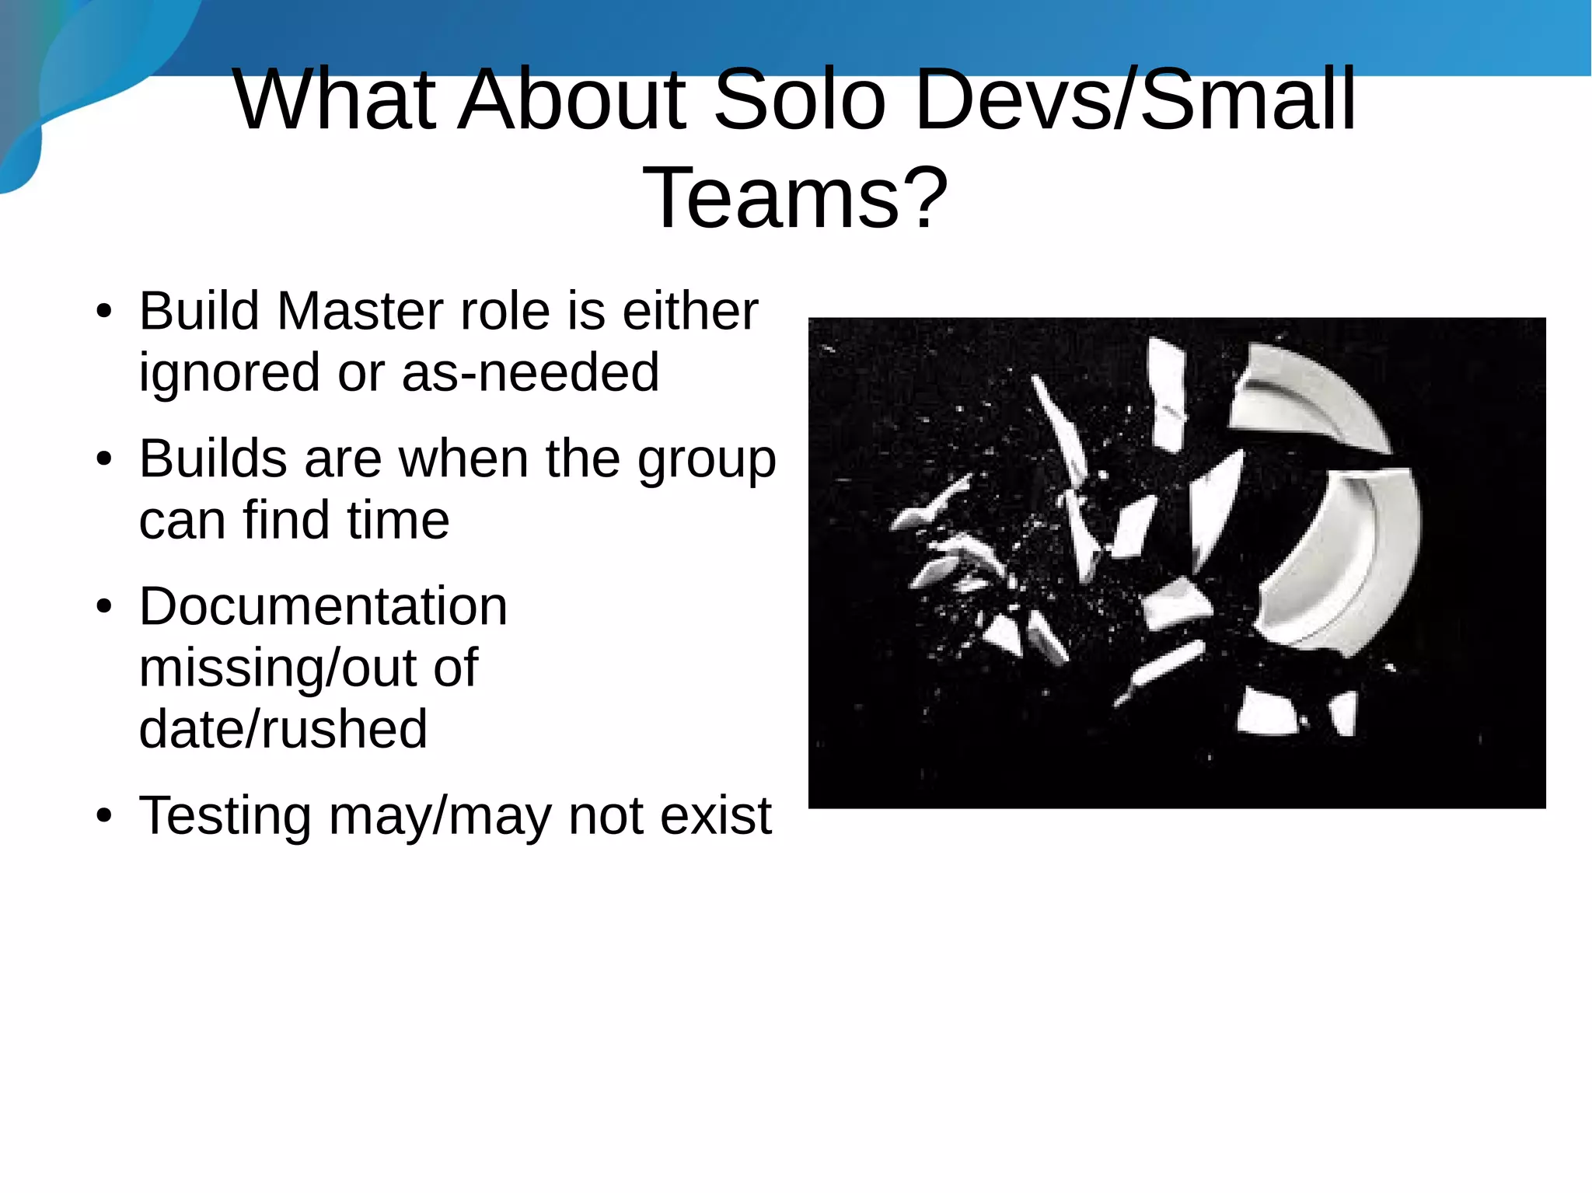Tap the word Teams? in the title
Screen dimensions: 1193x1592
795,198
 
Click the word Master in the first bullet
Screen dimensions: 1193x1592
360,311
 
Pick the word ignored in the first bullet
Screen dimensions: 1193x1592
229,373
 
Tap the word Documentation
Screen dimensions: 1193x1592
323,606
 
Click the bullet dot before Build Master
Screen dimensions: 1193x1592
104,312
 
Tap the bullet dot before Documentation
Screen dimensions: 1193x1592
104,608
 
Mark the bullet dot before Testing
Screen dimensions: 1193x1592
104,818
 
